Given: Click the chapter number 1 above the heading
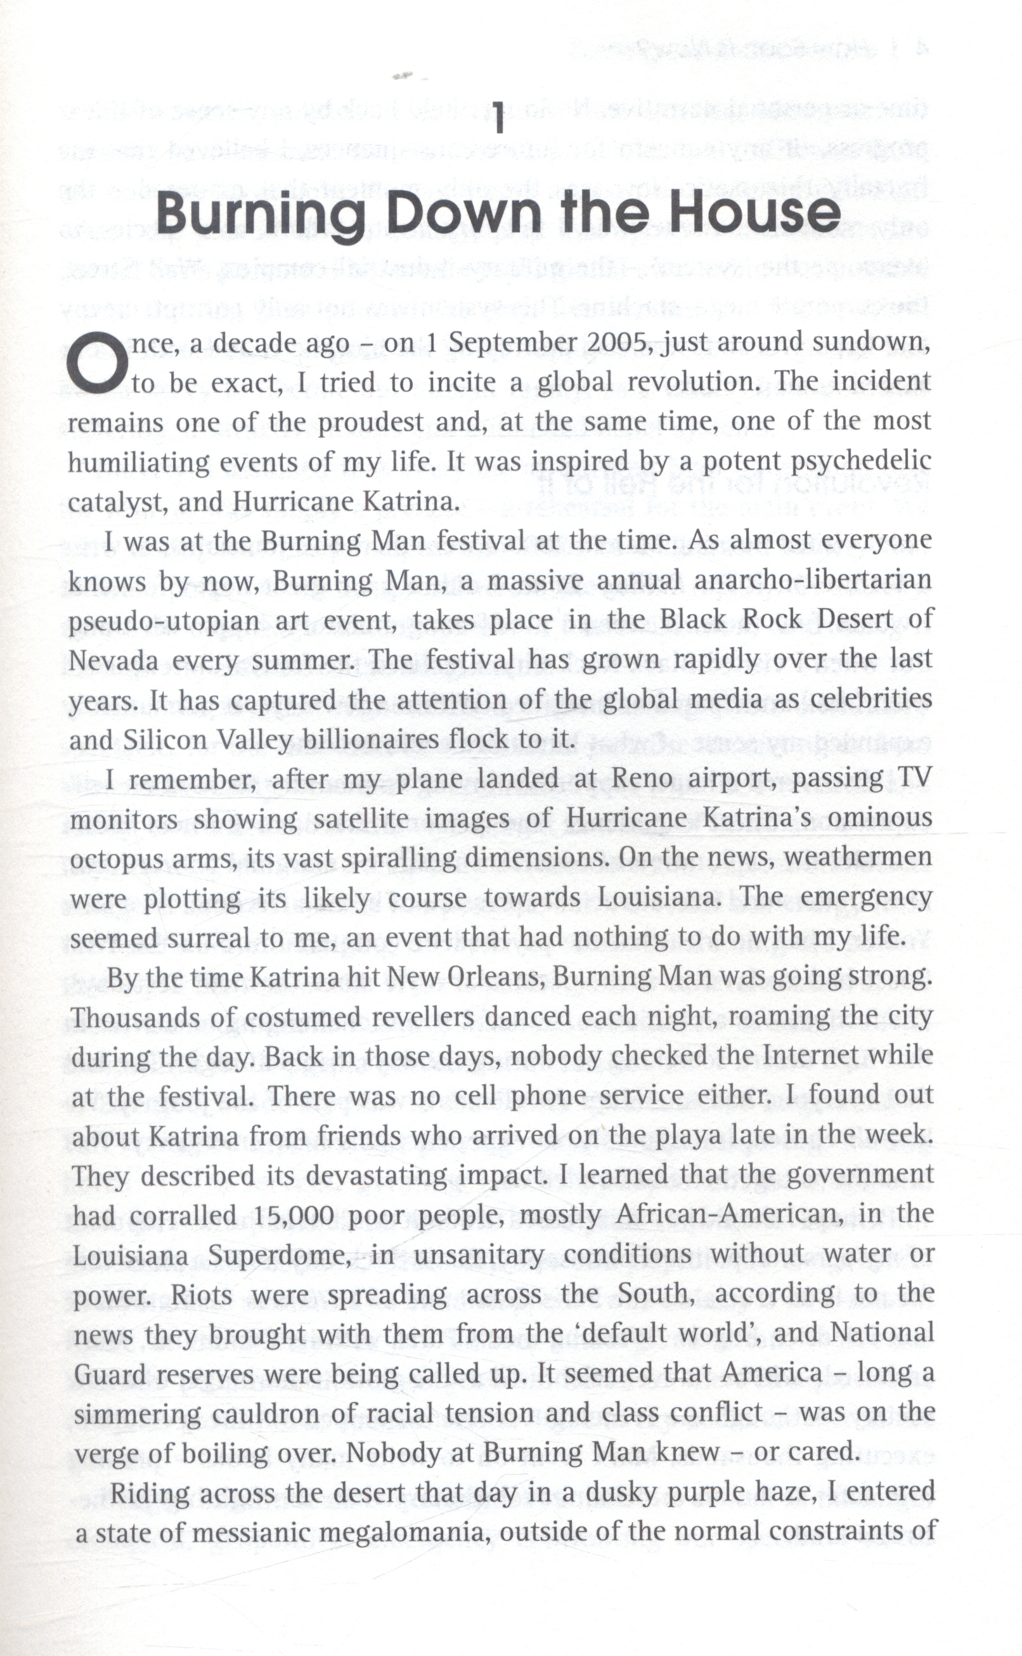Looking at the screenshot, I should (500, 119).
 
